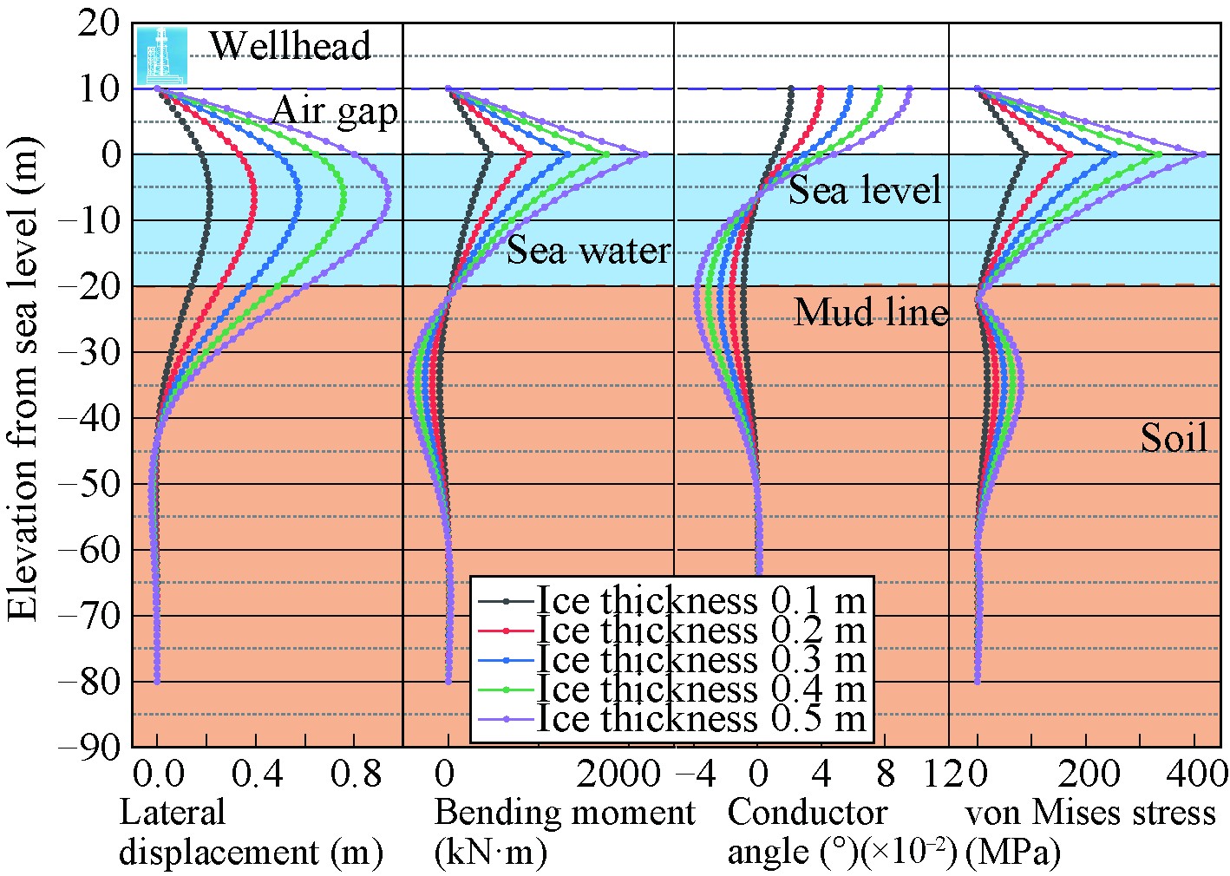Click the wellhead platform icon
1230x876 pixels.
point(161,54)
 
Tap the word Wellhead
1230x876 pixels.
point(291,46)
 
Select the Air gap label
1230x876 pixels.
point(335,112)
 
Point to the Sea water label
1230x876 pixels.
point(588,251)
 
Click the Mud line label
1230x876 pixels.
point(871,311)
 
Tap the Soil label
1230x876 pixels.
point(1174,438)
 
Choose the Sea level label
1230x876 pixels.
point(864,189)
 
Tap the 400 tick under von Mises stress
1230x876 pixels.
point(1196,773)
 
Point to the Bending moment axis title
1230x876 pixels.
point(564,814)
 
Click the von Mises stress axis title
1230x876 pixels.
point(1089,814)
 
